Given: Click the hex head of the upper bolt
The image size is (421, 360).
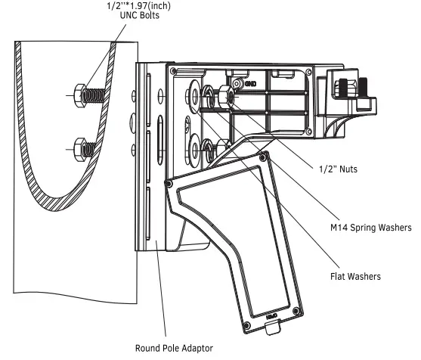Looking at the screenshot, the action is [80, 95].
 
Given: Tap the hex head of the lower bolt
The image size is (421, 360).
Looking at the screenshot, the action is [80, 150].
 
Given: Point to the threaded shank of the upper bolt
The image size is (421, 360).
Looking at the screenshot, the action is [94, 95].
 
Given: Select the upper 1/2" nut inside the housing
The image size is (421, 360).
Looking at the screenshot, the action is [226, 97].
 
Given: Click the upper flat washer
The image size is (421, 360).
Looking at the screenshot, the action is [195, 96].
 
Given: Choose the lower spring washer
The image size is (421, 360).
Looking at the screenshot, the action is [208, 150].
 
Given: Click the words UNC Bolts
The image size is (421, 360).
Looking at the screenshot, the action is [140, 15].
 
